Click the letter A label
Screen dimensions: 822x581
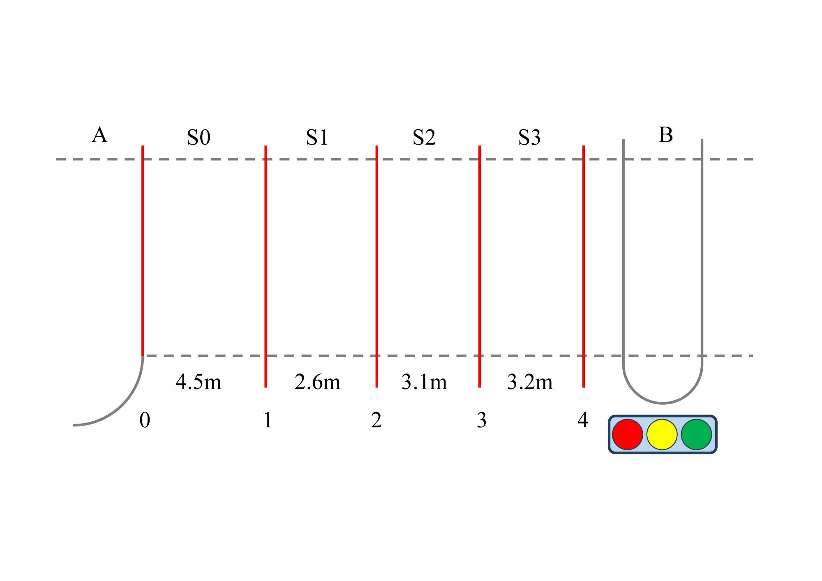pos(99,135)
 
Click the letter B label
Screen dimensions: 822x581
pos(666,135)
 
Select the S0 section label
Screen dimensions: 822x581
pos(199,137)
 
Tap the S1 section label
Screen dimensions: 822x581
pos(317,137)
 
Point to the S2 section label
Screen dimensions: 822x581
pos(424,137)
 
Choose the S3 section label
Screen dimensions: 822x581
pos(529,137)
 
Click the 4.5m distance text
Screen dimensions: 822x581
pos(199,382)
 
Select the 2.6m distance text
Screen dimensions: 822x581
pos(317,382)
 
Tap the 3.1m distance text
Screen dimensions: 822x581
pos(424,382)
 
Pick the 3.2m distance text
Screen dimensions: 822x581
pos(530,382)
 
